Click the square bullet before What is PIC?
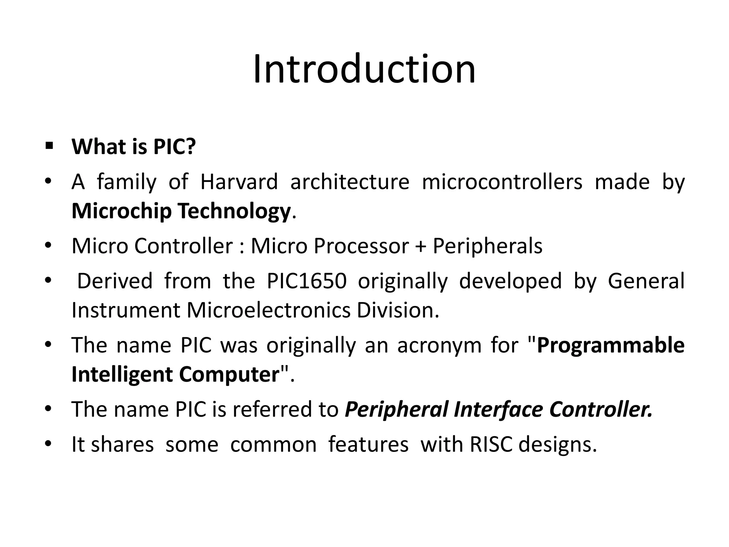click(x=49, y=146)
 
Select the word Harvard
click(x=239, y=182)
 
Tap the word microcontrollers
click(x=502, y=182)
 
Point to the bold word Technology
click(x=234, y=211)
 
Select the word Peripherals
click(x=487, y=246)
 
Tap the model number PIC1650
click(x=306, y=281)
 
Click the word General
click(x=646, y=281)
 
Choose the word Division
click(x=398, y=310)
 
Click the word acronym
click(x=439, y=345)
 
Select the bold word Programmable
click(x=610, y=345)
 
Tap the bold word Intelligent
click(x=121, y=374)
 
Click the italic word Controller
click(x=601, y=409)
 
